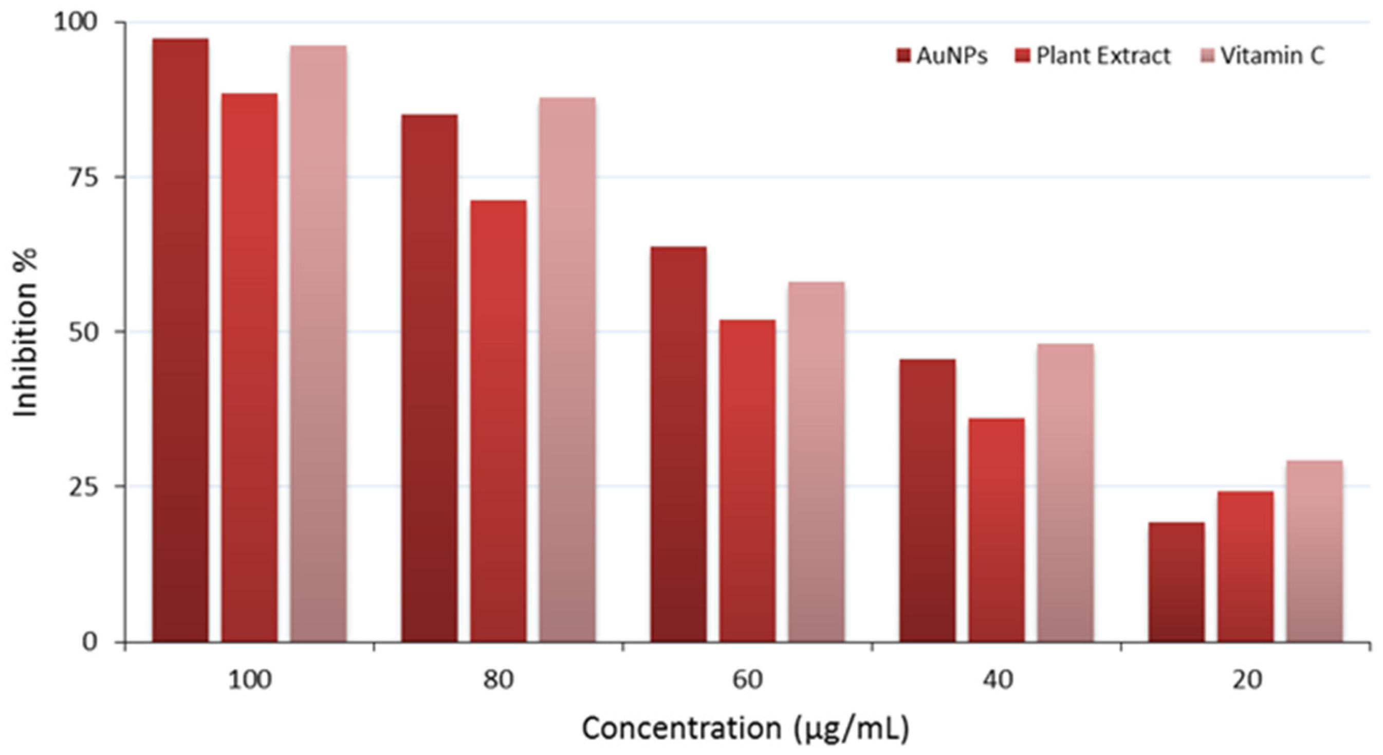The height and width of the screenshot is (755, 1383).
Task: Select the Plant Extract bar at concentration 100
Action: pos(250,367)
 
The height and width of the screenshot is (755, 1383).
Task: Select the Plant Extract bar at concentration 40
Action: pos(997,529)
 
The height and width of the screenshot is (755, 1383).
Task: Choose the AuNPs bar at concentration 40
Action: pos(928,500)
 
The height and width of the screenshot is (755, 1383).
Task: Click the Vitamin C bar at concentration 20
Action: pos(1314,551)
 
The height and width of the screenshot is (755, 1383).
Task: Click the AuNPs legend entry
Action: pos(942,56)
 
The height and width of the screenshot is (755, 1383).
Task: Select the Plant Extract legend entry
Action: pos(1093,56)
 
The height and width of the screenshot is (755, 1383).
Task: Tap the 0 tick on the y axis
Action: pos(90,642)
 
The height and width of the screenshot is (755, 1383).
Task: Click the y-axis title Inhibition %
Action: pos(26,332)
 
